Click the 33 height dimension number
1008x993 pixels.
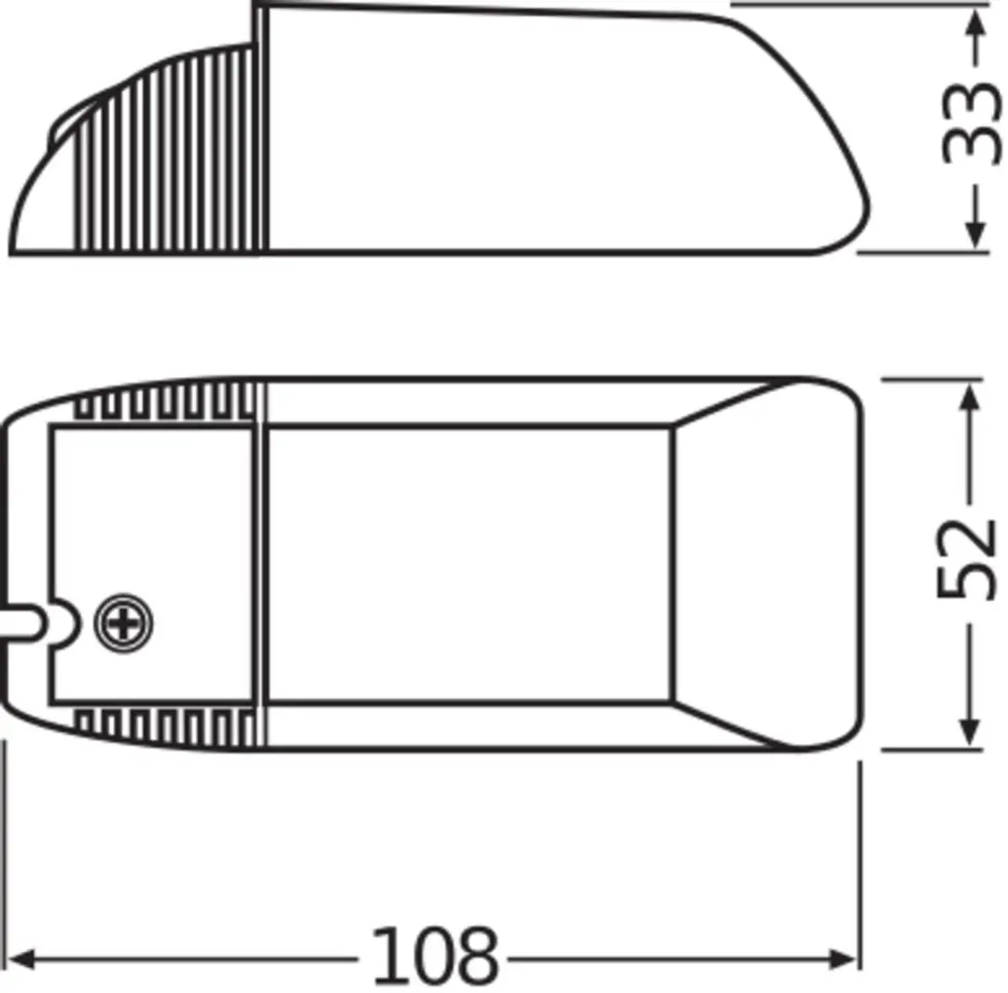(x=972, y=124)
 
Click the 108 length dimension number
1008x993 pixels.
(x=435, y=955)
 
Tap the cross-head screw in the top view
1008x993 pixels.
(x=123, y=623)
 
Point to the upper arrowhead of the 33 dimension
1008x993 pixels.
(x=976, y=21)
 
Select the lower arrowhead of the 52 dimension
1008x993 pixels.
(x=969, y=734)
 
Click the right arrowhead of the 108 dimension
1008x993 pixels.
(x=843, y=959)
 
